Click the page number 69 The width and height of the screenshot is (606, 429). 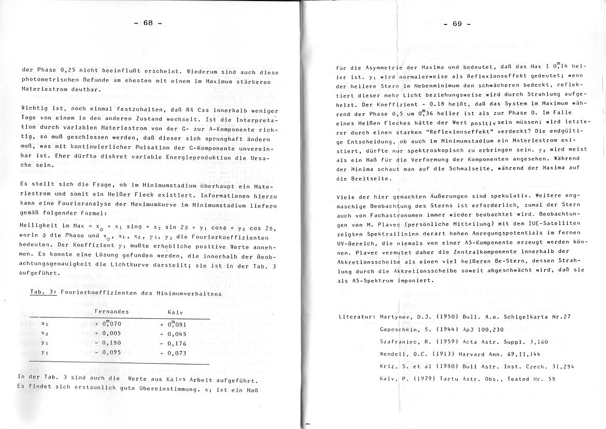click(456, 24)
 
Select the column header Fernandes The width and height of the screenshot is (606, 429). click(112, 312)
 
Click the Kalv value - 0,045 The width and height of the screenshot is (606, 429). click(173, 334)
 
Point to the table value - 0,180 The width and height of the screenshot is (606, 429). click(109, 343)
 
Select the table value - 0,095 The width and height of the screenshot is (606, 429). click(109, 352)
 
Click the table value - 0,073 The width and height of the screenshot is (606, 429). click(173, 353)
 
